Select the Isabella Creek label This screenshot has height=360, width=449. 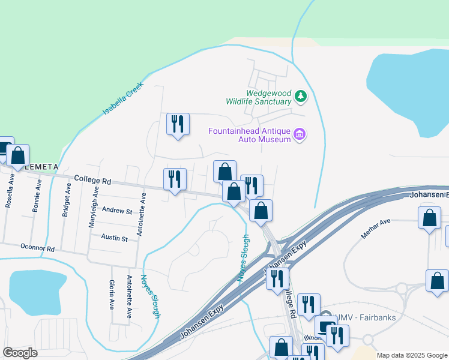click(x=124, y=98)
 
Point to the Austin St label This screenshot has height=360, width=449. click(x=114, y=239)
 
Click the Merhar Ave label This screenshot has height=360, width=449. click(x=376, y=229)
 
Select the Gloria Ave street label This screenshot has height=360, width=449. click(x=112, y=295)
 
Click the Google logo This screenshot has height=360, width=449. click(x=20, y=353)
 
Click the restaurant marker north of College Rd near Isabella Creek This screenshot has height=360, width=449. click(x=178, y=124)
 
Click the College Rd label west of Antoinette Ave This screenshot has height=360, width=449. click(x=93, y=179)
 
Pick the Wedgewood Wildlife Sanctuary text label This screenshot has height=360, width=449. click(x=259, y=97)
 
